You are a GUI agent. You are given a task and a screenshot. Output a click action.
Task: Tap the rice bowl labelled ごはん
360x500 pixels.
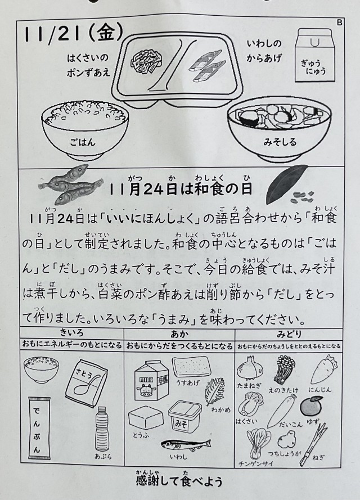coord(85,129)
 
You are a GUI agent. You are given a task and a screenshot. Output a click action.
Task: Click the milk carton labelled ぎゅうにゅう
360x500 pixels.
coord(314,55)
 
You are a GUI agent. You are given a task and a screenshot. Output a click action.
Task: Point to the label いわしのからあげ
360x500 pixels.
coord(264,51)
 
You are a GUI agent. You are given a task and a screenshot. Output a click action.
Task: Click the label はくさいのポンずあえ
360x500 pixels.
coord(88,65)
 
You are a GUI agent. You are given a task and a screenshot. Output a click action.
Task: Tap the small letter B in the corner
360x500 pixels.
coord(339,22)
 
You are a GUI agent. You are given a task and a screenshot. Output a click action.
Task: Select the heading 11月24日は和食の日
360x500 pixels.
coord(181,189)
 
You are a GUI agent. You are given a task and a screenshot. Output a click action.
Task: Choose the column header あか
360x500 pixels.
coord(179,334)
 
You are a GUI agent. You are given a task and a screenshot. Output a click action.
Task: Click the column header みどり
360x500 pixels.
coord(289,335)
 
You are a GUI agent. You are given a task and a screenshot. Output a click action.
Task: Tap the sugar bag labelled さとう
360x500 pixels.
coord(87,383)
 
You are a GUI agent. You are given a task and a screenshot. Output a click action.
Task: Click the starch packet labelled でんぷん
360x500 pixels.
coord(39,428)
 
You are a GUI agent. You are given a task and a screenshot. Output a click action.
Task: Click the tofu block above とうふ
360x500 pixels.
coord(145,417)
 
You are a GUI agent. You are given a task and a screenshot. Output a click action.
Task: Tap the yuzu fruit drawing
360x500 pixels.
coord(312,406)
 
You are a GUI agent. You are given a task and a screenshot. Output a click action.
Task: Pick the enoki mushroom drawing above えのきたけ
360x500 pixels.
coord(285,370)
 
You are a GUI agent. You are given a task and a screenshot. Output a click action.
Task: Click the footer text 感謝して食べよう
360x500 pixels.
coord(179,480)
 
